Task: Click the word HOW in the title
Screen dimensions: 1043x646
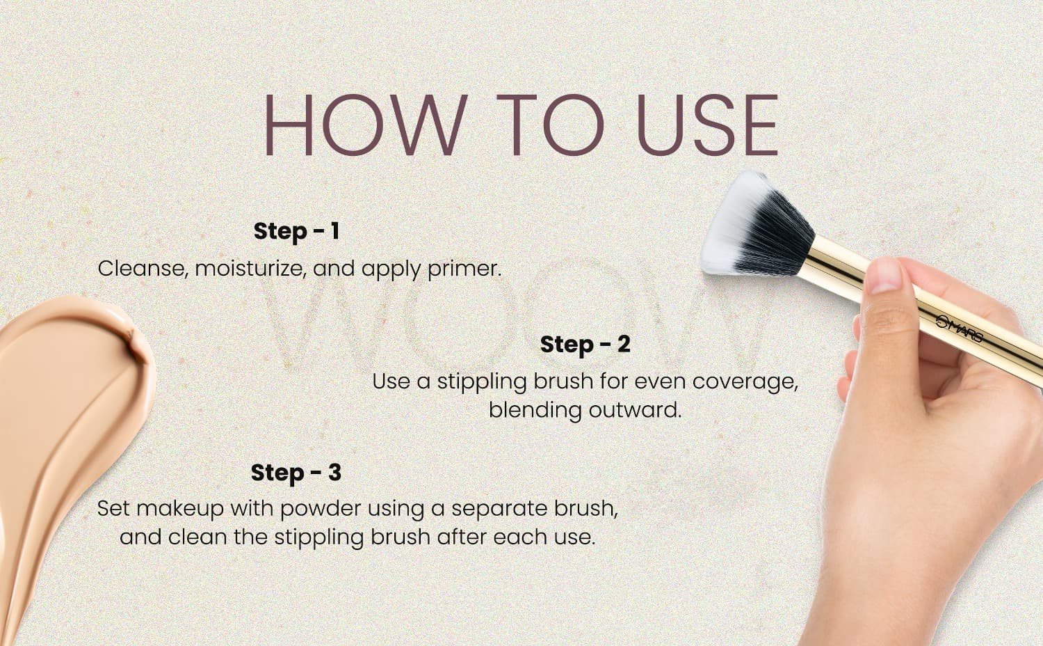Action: [366, 125]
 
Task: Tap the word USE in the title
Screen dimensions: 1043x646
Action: [707, 125]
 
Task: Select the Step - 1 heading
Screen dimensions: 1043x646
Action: [297, 230]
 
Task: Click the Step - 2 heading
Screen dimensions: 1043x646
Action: [585, 345]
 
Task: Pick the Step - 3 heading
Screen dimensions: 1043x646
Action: [296, 472]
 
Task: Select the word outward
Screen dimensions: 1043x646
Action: [635, 411]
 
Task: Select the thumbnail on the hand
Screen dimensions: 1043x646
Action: [885, 276]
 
